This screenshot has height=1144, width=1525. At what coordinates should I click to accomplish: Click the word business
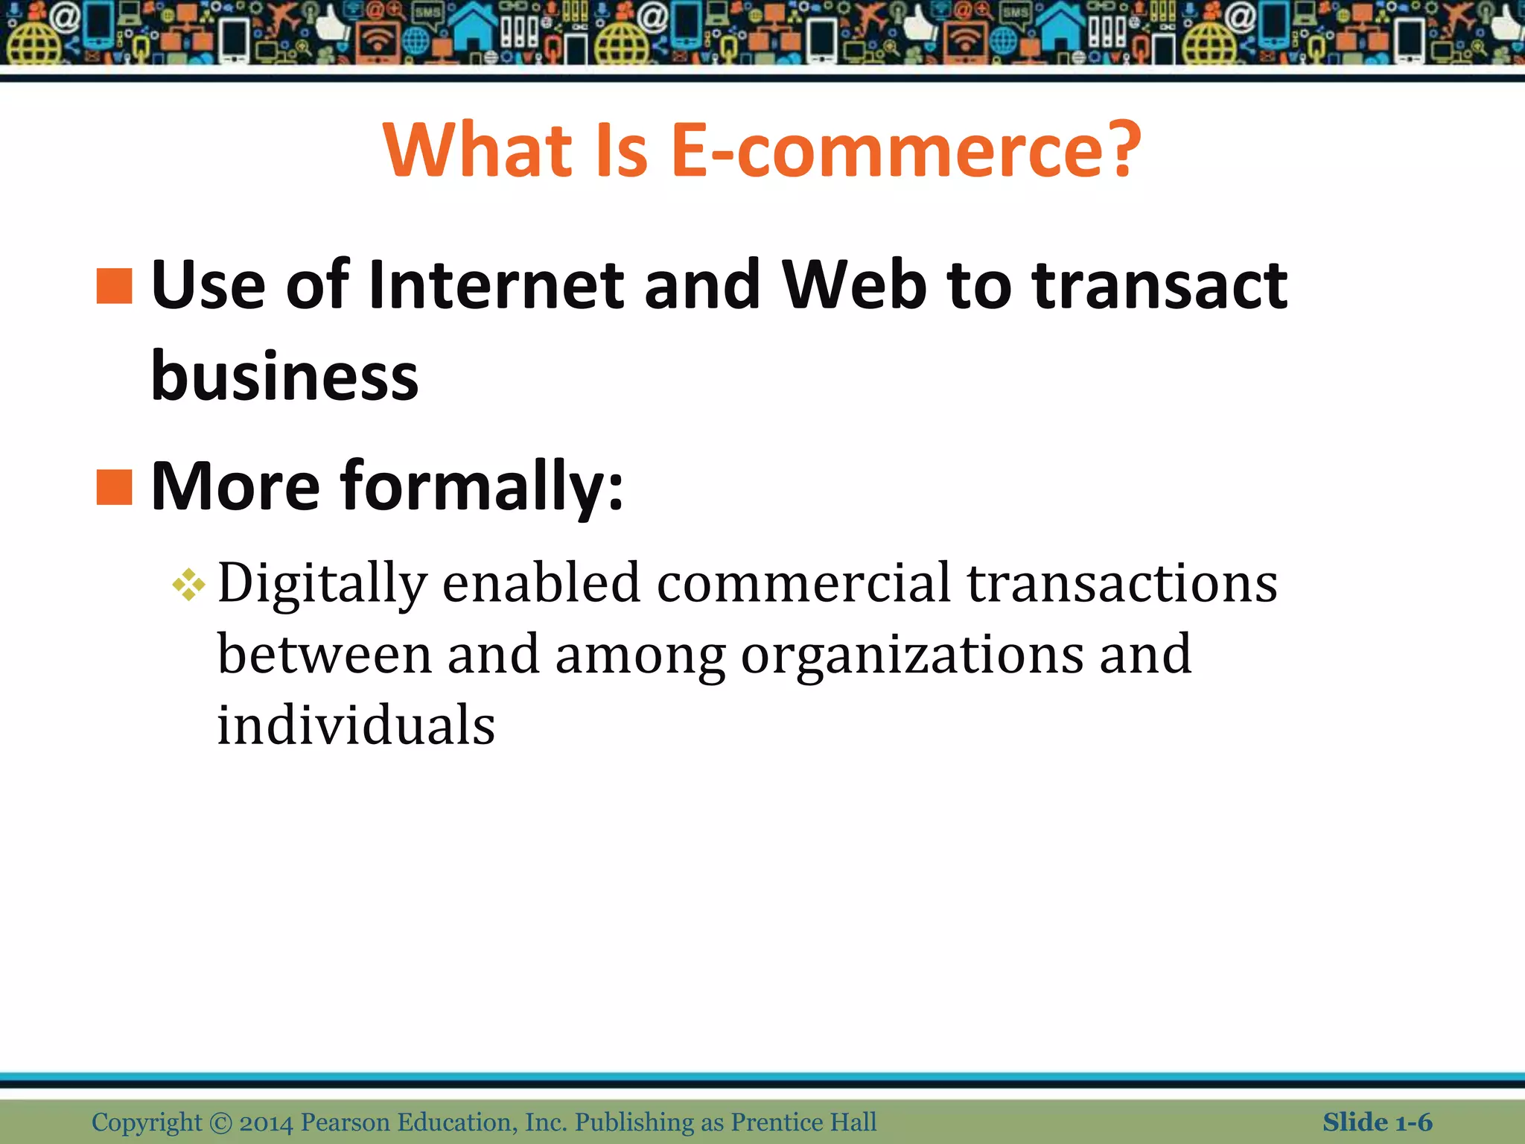(284, 376)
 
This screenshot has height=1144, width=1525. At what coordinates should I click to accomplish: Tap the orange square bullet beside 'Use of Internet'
(114, 287)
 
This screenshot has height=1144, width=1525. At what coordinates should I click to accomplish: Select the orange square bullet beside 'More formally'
(114, 488)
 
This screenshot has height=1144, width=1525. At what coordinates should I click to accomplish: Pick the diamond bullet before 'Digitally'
(188, 585)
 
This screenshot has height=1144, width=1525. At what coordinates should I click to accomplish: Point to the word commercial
(803, 583)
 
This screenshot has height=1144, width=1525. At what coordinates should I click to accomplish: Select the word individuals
(356, 725)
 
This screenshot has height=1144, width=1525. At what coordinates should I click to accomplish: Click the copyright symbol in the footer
(220, 1122)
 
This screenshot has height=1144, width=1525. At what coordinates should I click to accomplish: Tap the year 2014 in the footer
(266, 1122)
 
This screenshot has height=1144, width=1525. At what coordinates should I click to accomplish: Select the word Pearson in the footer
(345, 1122)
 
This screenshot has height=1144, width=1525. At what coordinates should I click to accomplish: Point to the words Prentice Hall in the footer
(803, 1122)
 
